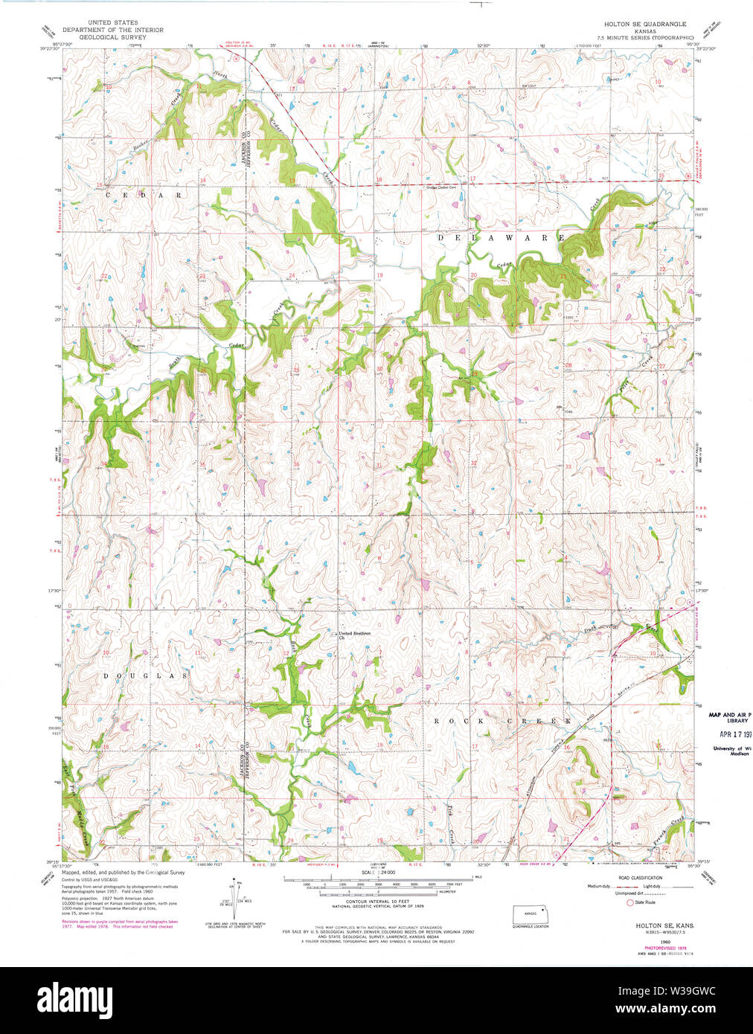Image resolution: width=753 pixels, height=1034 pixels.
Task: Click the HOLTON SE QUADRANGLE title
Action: [644, 25]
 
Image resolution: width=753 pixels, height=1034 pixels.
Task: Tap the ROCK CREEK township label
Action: [502, 721]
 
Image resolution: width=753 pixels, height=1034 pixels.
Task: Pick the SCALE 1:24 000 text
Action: [379, 872]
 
